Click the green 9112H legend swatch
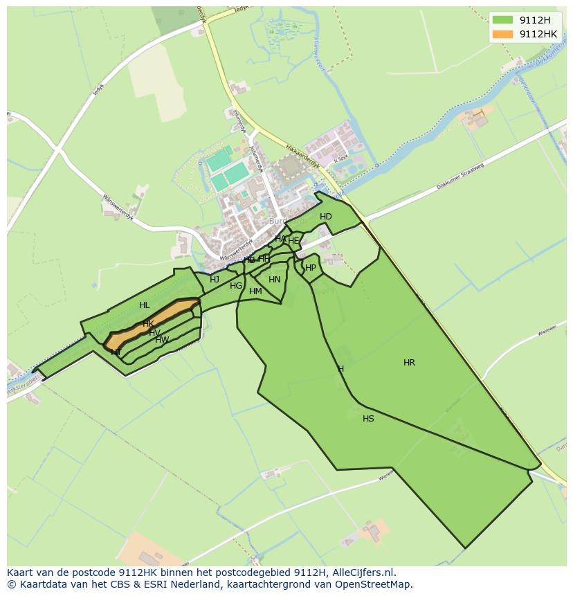point(502,20)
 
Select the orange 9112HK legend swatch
point(502,34)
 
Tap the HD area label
point(326,217)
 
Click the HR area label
point(409,363)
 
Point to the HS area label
point(368,419)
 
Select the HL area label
point(144,305)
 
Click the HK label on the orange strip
point(148,324)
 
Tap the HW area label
point(162,340)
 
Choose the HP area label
point(311,268)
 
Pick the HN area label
point(275,280)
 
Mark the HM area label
point(255,291)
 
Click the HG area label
point(236,286)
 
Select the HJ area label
point(215,280)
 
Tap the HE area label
point(293,241)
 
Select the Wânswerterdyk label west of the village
point(118,207)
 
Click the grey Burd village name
point(278,222)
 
